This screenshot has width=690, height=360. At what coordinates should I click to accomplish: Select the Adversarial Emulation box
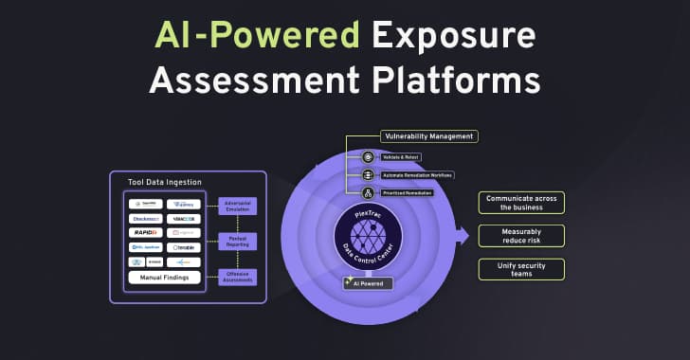[237, 206]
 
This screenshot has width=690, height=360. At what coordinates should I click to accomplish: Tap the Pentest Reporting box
[237, 241]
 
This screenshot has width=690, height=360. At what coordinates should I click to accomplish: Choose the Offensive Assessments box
[237, 276]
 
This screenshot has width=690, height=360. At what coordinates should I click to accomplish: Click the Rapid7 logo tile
[145, 232]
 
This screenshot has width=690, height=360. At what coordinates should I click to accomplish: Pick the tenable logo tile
[184, 246]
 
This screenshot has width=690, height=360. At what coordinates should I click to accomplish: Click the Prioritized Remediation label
[409, 192]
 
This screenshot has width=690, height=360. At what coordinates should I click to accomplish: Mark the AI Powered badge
[368, 282]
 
